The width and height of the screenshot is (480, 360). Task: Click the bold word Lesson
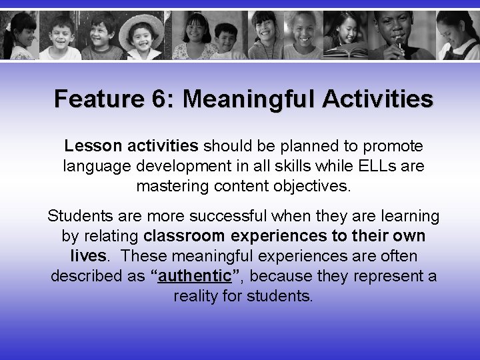86,145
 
